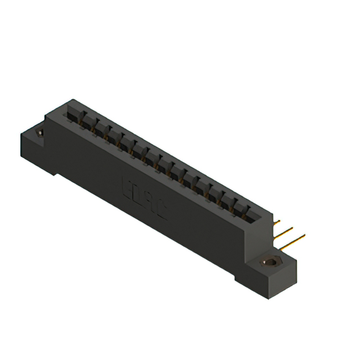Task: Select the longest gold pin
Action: tap(292, 241)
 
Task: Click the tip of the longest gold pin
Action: tap(304, 235)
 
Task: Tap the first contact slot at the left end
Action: tap(72, 115)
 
